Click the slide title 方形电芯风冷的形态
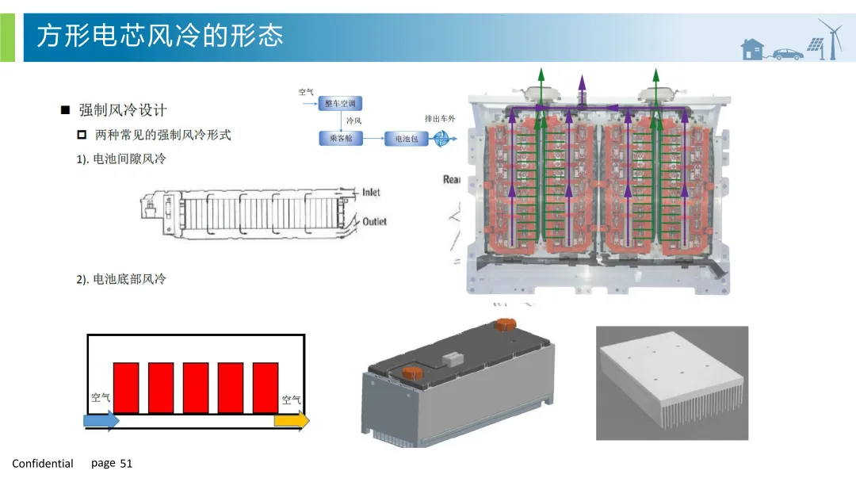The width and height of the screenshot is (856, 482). coord(159,36)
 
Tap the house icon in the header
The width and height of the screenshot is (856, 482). coord(751,50)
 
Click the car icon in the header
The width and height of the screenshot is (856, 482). coord(786,54)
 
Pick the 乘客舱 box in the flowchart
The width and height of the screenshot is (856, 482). coord(334,138)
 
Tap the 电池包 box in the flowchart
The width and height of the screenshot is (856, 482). coord(406,139)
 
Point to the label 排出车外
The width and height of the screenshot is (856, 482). coord(440,118)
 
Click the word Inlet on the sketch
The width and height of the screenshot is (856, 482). coord(371,193)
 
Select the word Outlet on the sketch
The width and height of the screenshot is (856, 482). coord(374,221)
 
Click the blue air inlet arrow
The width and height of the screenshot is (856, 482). coord(101,421)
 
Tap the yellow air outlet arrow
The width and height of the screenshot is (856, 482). coord(292,421)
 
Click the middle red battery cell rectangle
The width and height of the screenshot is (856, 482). coord(196,388)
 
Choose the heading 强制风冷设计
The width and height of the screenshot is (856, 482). coord(122,110)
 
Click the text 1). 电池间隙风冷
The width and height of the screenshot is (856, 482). coord(121,159)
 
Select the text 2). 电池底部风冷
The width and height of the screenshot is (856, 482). coord(121,279)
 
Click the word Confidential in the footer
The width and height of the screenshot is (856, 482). coord(43,464)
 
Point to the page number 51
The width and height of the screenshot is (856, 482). coord(126,464)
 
